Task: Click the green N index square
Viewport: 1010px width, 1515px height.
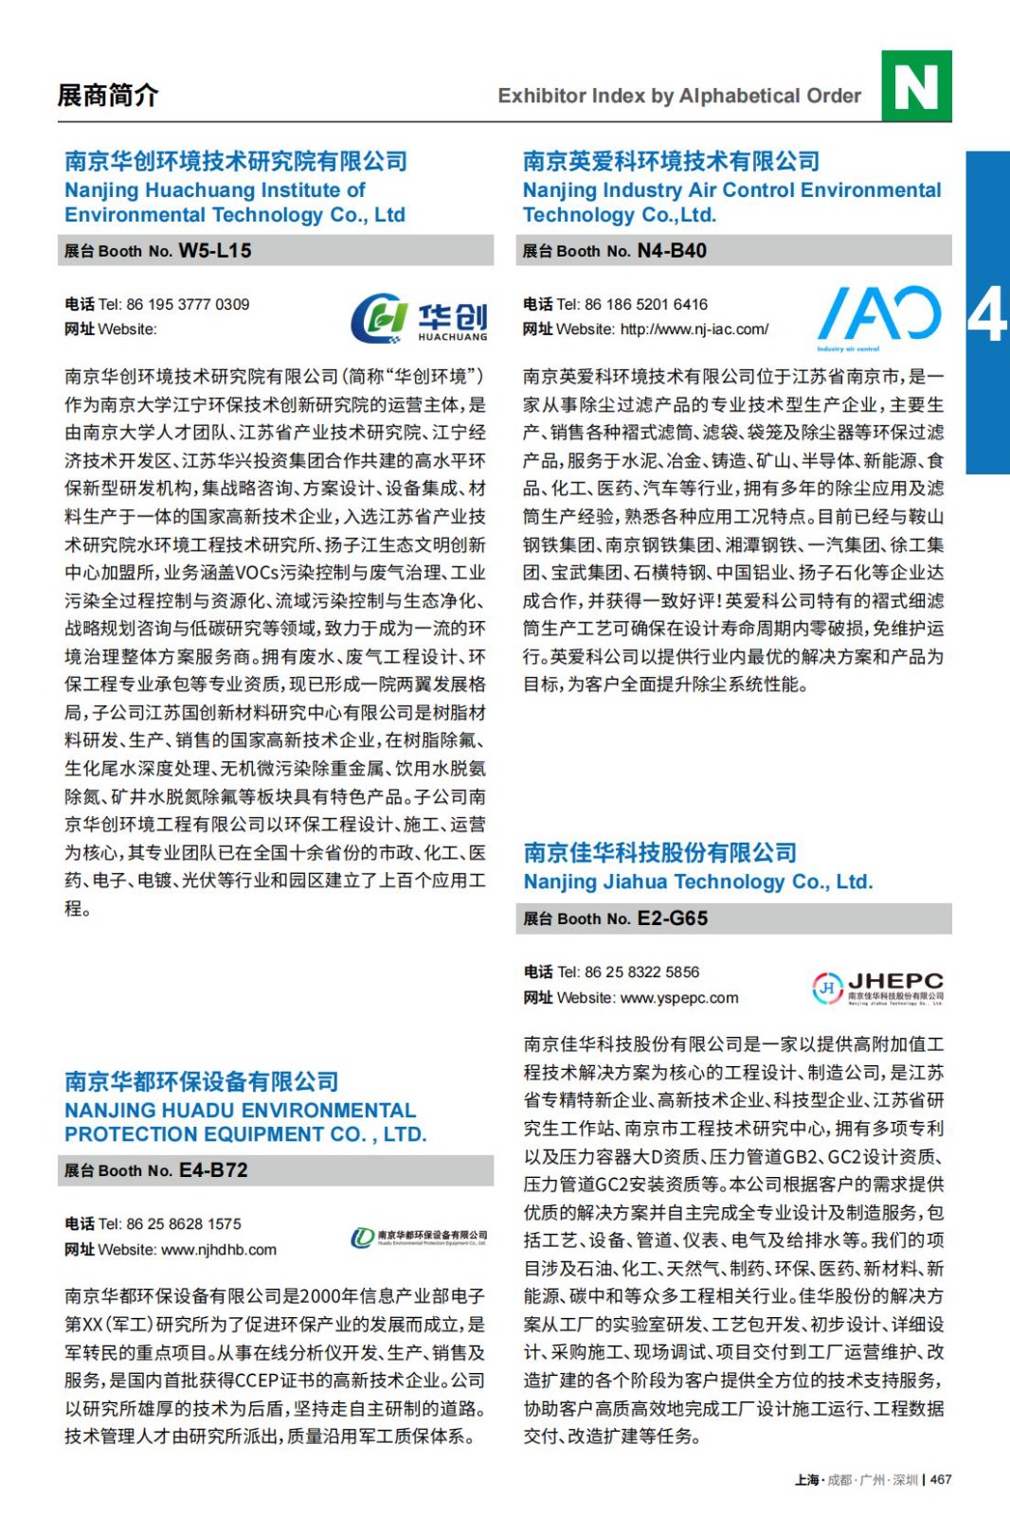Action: click(915, 86)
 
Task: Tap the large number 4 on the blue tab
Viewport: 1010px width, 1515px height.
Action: click(987, 314)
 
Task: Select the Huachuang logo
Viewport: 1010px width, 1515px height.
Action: click(419, 318)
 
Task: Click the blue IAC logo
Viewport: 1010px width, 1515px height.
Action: click(879, 316)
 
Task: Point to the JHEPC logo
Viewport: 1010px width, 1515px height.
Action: click(877, 987)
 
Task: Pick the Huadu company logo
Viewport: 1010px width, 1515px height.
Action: click(419, 1237)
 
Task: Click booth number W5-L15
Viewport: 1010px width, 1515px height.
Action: click(215, 251)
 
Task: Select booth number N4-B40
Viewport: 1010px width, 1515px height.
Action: click(672, 251)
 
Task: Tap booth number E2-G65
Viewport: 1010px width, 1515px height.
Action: click(673, 918)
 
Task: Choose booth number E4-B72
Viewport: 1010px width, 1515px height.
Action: click(213, 1170)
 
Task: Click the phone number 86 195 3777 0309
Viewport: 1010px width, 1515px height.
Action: click(188, 305)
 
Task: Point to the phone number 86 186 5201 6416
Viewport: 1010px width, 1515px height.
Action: click(646, 305)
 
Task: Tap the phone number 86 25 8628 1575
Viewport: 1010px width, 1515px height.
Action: click(184, 1224)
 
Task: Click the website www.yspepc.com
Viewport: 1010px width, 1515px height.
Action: click(679, 998)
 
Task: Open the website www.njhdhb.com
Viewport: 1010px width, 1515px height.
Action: click(219, 1250)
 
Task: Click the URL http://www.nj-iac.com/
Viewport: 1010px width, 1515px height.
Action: click(694, 330)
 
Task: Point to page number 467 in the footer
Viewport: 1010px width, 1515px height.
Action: click(941, 1480)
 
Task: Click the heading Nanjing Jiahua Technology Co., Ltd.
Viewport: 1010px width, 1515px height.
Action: click(697, 882)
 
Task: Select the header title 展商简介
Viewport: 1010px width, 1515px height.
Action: click(108, 96)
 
